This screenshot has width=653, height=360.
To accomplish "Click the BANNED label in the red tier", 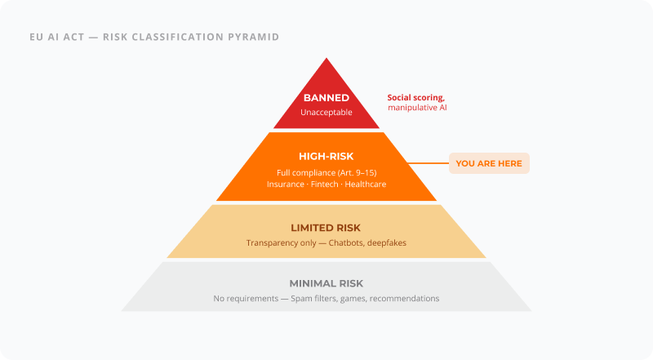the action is (326, 98).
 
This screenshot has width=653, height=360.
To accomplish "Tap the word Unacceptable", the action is (326, 112).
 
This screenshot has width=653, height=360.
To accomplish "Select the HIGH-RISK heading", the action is (326, 155).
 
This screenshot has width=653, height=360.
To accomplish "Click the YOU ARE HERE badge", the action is (489, 163).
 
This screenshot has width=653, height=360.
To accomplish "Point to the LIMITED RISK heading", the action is (326, 228).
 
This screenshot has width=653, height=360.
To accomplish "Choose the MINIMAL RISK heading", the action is (326, 283).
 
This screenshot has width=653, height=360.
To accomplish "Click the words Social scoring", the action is (415, 97).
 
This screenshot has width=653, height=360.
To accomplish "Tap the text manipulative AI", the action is (417, 108).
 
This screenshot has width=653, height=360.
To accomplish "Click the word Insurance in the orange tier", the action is (286, 184).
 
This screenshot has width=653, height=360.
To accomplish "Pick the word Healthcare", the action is (365, 184).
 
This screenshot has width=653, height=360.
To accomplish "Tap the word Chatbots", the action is (343, 243).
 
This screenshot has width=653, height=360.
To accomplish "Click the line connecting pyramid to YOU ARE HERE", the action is (428, 163).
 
